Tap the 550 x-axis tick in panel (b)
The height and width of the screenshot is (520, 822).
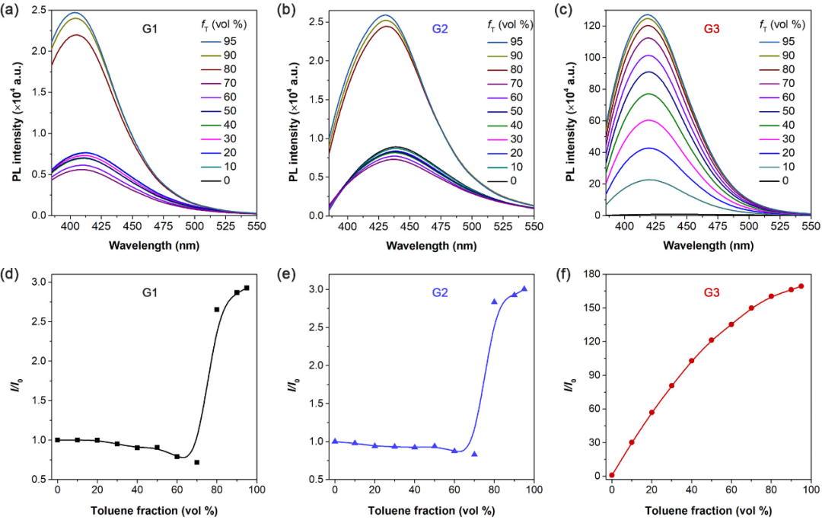534,226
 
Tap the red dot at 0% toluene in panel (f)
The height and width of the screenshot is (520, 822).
611,474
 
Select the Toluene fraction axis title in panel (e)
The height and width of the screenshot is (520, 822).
435,509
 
